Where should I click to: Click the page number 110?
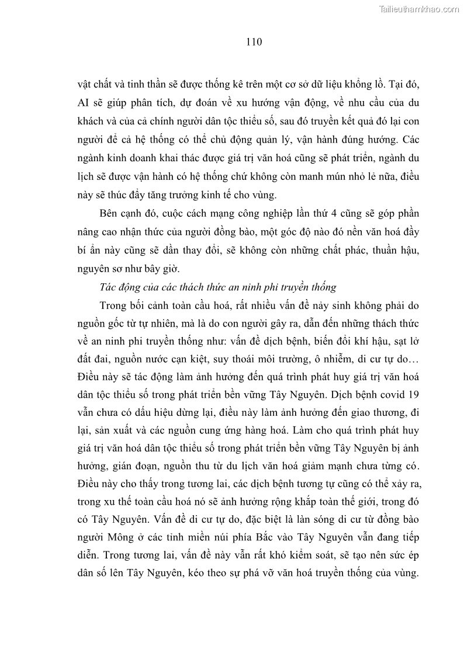pos(253,42)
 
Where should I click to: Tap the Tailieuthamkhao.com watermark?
pos(419,9)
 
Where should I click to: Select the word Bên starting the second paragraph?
pos(110,213)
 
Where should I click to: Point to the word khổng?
pos(363,85)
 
